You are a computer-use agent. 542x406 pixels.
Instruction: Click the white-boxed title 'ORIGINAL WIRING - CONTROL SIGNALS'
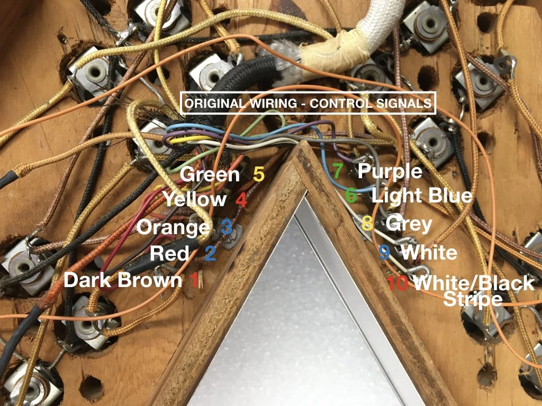(308, 103)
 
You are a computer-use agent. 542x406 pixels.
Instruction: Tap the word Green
(210, 174)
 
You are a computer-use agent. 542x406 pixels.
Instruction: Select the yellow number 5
(258, 174)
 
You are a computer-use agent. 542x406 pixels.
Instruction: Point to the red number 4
(241, 200)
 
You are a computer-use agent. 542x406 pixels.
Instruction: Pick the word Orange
(174, 227)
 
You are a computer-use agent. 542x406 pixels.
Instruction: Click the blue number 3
(227, 227)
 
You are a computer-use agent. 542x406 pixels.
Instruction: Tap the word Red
(169, 253)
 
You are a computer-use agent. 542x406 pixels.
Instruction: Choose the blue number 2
(210, 254)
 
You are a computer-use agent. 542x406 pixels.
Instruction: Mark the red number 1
(194, 280)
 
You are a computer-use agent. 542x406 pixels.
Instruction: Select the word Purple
(390, 171)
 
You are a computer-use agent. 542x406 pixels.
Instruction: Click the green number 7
(338, 171)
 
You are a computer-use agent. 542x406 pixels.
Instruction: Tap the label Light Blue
(422, 196)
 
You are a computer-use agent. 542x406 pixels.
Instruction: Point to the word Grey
(409, 223)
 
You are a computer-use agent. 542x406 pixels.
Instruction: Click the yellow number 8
(367, 223)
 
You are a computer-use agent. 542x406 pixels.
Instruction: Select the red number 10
(398, 283)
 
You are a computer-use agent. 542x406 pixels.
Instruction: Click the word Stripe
(472, 299)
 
